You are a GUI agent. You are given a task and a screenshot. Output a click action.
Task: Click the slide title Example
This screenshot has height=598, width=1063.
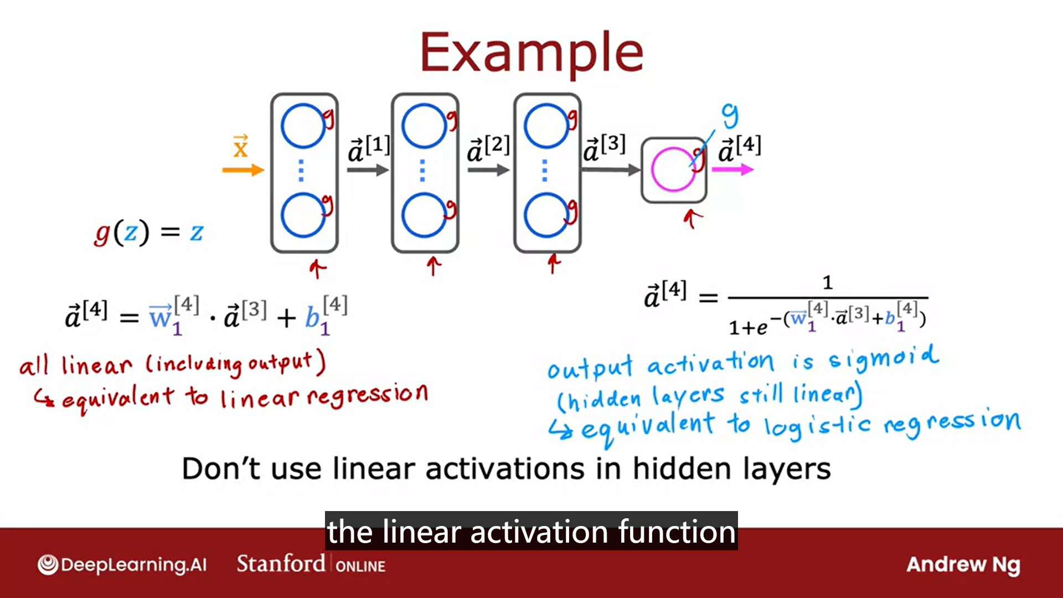(x=531, y=53)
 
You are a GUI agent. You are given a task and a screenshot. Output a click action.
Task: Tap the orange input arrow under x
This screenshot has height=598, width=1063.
(x=243, y=170)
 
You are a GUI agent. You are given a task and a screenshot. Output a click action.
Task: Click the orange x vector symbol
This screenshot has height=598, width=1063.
(x=240, y=146)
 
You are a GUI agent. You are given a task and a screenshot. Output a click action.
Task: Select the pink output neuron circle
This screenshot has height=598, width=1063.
(x=673, y=169)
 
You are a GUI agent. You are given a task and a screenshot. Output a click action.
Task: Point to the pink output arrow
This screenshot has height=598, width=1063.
(x=732, y=169)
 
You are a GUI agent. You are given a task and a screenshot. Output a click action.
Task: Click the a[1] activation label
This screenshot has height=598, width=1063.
(x=369, y=148)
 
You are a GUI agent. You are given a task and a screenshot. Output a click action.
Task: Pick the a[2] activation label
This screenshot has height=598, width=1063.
(x=488, y=148)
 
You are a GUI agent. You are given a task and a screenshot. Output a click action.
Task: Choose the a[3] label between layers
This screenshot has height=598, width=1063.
(x=605, y=147)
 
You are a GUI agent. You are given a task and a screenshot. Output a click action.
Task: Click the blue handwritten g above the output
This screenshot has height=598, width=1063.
(x=730, y=116)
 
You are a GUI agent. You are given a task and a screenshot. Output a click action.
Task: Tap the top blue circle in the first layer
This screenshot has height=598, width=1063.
(x=303, y=126)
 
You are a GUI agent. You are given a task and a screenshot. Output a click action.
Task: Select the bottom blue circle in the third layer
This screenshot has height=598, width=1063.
(x=546, y=215)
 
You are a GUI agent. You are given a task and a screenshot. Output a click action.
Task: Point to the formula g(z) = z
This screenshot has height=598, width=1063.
(x=148, y=232)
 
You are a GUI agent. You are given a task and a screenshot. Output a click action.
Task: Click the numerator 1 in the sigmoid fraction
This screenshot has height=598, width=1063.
(x=828, y=283)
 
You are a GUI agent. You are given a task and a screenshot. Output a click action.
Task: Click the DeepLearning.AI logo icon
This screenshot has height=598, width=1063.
(x=48, y=565)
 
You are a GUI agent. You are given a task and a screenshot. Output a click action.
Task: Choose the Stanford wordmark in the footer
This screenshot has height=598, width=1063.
(x=281, y=564)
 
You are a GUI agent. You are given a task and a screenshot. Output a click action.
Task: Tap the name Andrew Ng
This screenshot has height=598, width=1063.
(x=963, y=565)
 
